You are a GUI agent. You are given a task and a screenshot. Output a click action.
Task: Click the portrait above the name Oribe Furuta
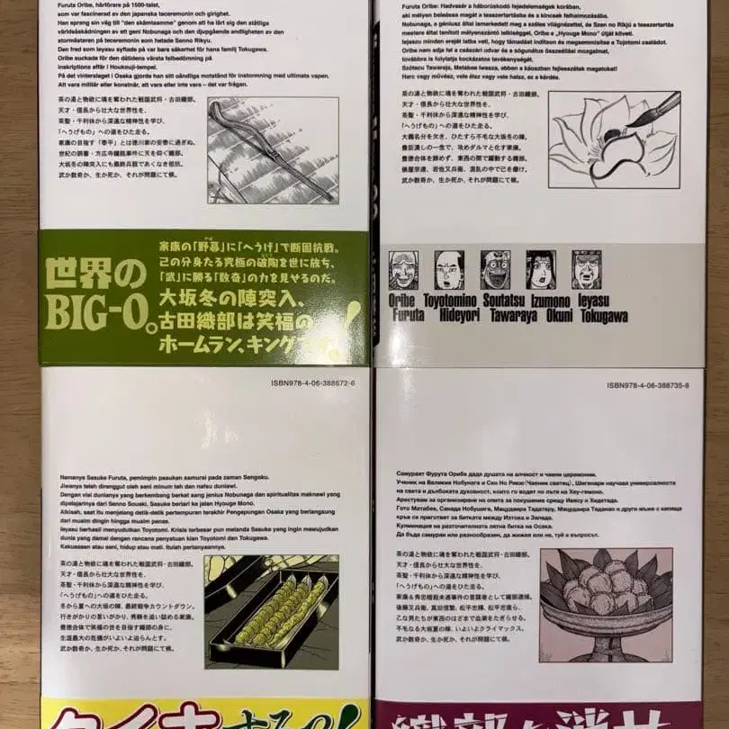tap(403, 270)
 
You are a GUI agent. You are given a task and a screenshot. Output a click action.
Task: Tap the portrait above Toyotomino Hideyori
tap(449, 270)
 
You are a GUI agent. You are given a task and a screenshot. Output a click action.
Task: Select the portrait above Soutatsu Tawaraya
tap(495, 270)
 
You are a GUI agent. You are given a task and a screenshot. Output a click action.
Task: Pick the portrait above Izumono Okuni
tap(541, 270)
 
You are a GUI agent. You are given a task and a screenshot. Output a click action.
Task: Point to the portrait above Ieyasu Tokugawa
tap(586, 270)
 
